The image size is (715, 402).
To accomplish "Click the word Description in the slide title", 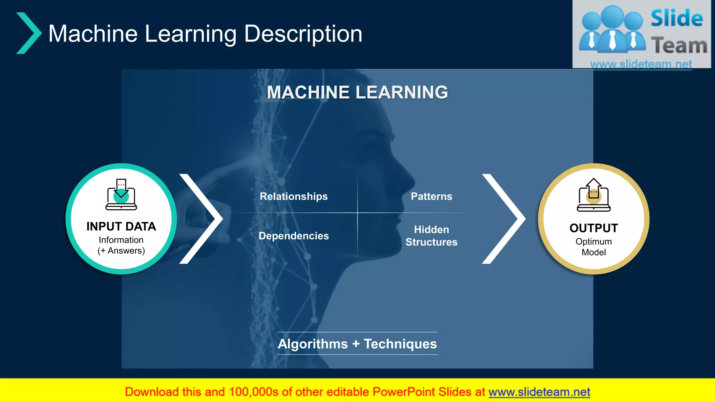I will pos(303,34).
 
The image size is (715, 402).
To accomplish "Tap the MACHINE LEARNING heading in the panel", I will pos(357,92).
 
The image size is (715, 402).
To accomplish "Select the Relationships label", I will pos(294,196).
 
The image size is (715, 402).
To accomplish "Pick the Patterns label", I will pos(431,196).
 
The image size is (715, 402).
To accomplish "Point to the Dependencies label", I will pos(294,236).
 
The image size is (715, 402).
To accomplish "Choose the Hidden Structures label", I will pos(431,236).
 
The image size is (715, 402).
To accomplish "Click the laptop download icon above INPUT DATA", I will pos(121,195).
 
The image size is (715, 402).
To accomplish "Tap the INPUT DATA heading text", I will pos(121,226).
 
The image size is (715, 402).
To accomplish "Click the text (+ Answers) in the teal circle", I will pos(121,251).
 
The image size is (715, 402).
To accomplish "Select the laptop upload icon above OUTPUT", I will pos(594,195).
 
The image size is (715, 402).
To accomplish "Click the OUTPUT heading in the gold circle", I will pos(594,228).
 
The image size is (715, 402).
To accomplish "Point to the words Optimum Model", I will pos(594,247).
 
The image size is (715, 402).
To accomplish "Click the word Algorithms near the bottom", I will pos(313,344).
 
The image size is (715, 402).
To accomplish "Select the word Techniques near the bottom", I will pos(400,344).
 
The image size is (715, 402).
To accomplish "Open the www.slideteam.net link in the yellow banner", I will pos(539,392).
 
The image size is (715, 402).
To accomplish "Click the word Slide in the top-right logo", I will pos(677,18).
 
